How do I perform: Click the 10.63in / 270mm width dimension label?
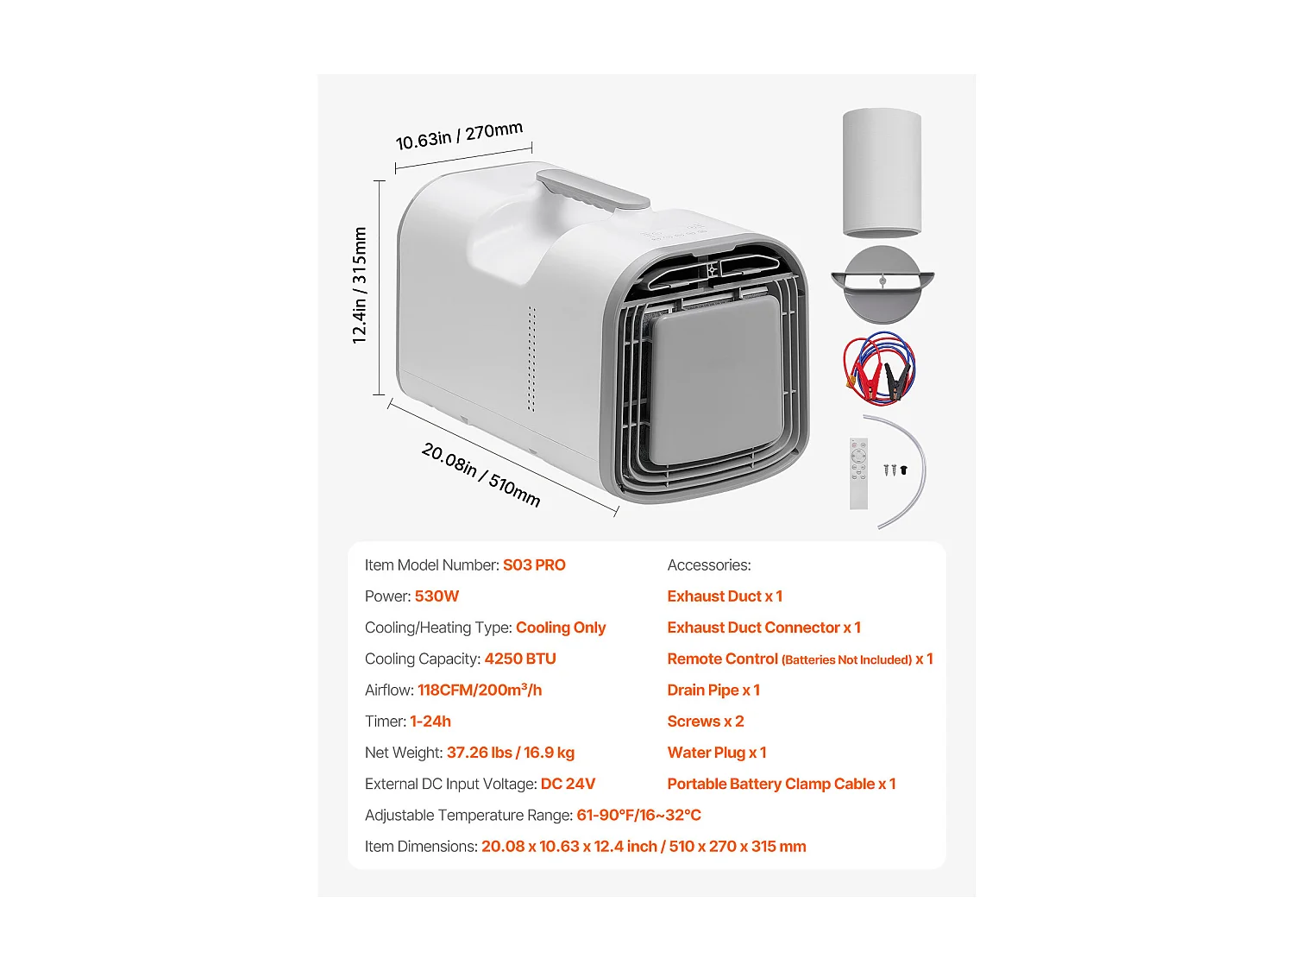coord(459,136)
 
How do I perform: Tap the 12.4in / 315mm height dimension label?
coord(360,286)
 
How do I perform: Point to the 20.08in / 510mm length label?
coord(481,475)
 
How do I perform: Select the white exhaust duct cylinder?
coord(882,172)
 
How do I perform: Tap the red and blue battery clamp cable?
coord(879,369)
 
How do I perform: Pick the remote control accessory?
coord(858,473)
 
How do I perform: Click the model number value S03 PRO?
coord(534,565)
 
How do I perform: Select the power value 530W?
coord(437,596)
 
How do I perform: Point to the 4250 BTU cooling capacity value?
coord(520,659)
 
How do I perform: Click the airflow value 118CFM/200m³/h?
coord(480,690)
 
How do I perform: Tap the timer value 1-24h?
coord(430,722)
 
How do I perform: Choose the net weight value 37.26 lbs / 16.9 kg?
coord(511,753)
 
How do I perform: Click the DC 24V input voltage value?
coord(568,784)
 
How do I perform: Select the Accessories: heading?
coord(709,565)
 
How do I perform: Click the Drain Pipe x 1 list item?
coord(713,690)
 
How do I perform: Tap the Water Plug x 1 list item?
coord(717,753)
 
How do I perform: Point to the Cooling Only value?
coord(561,627)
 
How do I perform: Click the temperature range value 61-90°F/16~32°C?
coord(638,816)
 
